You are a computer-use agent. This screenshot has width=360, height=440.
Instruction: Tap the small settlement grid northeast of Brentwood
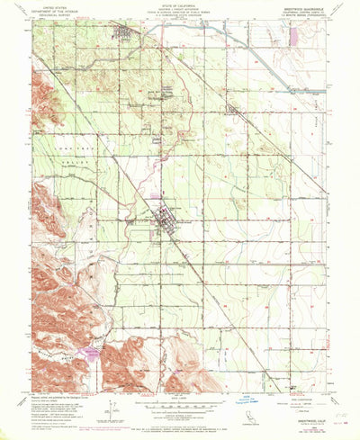click(232, 112)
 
